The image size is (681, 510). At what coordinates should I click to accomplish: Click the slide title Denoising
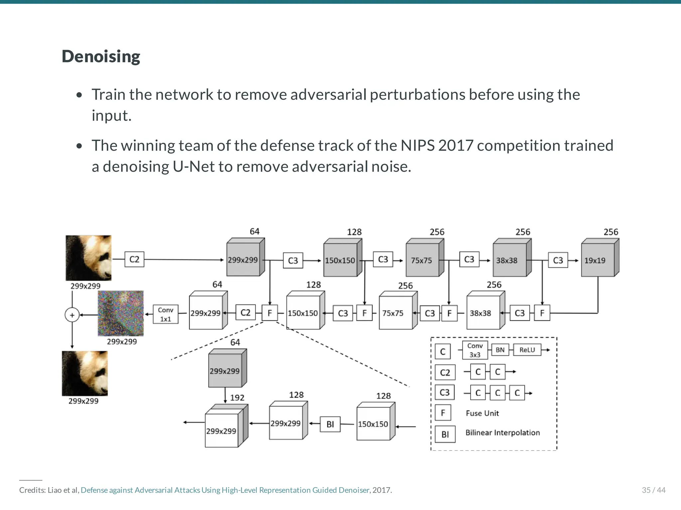[101, 56]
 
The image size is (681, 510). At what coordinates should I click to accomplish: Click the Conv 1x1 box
[165, 314]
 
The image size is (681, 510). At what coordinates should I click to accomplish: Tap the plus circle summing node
[72, 315]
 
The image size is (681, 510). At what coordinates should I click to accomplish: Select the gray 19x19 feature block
[598, 260]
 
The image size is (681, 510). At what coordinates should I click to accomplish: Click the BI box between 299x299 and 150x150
[330, 424]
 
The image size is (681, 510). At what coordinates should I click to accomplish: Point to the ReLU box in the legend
[527, 350]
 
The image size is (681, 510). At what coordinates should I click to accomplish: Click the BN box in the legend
[500, 350]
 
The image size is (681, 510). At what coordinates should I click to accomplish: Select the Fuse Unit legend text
[482, 413]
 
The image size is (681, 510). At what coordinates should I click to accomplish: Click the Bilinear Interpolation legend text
[502, 432]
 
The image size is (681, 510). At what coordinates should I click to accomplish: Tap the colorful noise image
[121, 313]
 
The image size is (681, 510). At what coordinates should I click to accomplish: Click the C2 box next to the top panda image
[134, 259]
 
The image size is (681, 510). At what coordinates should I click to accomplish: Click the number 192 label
[237, 398]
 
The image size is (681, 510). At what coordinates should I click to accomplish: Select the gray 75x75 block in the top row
[422, 260]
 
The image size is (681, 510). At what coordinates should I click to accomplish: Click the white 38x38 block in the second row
[483, 313]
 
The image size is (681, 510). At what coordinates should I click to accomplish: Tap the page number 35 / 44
[653, 490]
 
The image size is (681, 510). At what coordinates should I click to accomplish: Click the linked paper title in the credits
[225, 490]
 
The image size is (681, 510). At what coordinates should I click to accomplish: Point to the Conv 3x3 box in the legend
[475, 350]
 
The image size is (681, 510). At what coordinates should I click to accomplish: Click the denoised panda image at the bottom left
[85, 373]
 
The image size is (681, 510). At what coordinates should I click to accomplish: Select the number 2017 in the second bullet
[456, 145]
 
